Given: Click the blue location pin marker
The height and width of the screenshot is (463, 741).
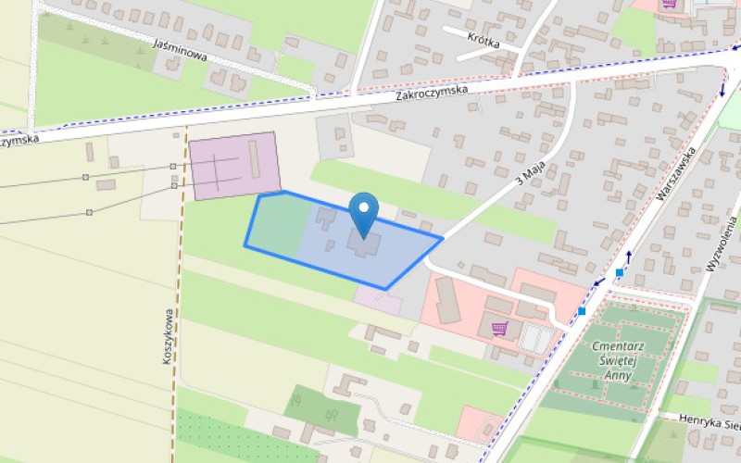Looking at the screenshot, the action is [x=365, y=210].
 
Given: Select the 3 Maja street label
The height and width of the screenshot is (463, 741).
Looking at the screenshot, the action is [x=530, y=170].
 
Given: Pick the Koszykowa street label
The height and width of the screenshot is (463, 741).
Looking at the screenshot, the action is [x=169, y=335].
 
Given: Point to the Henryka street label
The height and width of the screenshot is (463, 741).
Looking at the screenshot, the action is [x=710, y=420].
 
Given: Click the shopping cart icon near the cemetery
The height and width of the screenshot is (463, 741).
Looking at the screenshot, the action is [x=500, y=328].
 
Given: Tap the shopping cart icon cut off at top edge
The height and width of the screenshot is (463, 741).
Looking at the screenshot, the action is [x=669, y=5].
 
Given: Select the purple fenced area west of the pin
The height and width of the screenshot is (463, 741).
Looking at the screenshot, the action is [x=235, y=166].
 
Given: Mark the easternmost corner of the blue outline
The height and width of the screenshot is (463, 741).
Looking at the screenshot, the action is [x=442, y=237].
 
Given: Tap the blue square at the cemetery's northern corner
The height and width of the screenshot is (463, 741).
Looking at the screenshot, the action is [x=619, y=272].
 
